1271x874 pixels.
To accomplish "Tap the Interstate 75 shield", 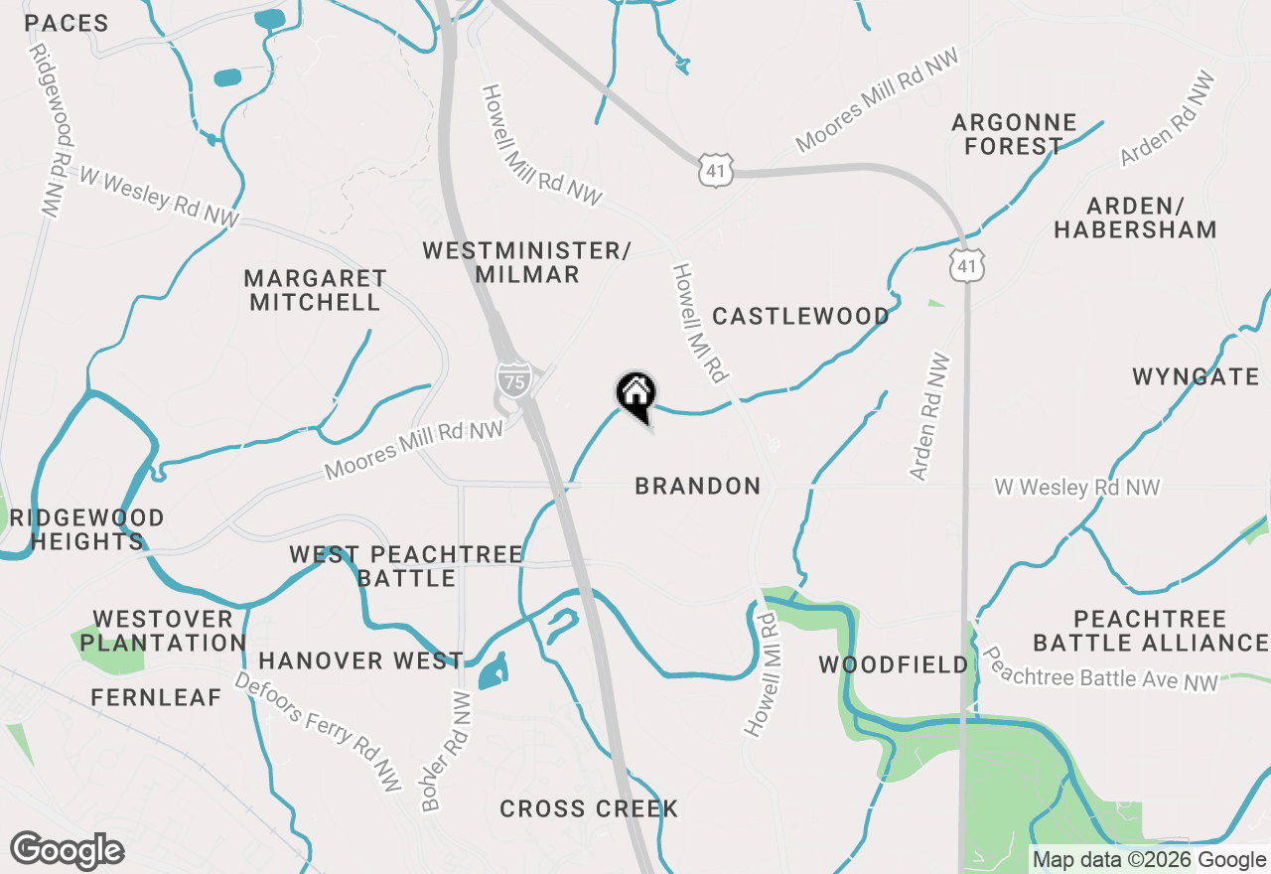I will point(512,379).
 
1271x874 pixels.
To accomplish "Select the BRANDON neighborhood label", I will point(698,486).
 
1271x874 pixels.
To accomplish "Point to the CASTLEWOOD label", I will point(800,317).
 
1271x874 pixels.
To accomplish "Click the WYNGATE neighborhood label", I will point(1196,376).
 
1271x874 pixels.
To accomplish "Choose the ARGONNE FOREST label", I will point(1014,134).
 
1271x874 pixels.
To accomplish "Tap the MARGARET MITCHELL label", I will point(315,290).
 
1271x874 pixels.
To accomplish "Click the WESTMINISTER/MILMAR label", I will point(526,262).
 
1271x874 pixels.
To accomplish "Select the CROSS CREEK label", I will point(589,808).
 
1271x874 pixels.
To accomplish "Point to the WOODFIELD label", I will point(893,664).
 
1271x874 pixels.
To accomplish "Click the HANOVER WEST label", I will point(360,660).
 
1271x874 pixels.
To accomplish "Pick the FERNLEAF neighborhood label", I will point(156,697).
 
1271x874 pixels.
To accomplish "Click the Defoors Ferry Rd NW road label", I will point(318,731).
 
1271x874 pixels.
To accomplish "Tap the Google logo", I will point(67,851).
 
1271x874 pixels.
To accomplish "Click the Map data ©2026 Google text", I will point(1149,860).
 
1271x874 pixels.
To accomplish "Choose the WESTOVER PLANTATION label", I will point(163,631).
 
